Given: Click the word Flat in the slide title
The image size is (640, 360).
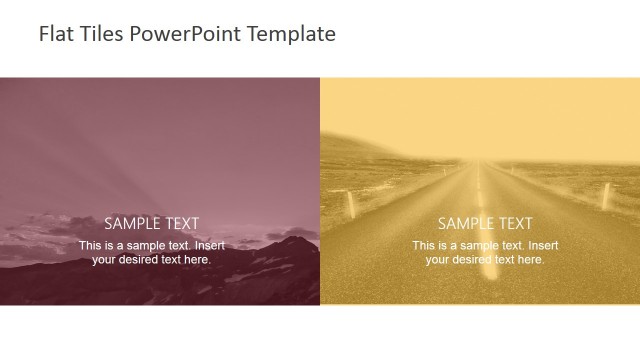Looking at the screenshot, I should coord(54,34).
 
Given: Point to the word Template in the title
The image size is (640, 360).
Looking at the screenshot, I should coord(290,34).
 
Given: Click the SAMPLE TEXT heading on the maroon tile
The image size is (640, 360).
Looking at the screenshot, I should coord(152,224).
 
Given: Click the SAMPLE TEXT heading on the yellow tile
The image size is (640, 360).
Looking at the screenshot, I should coord(485,224).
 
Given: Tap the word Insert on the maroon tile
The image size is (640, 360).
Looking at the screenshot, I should coord(210,246).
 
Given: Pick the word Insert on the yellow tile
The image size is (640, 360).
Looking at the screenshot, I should coord(543,246).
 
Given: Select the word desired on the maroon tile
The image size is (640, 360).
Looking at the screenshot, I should coord(139,260).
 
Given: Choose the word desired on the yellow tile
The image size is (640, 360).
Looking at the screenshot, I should coord(472,260).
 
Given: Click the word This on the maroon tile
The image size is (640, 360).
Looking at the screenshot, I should coord(90,246).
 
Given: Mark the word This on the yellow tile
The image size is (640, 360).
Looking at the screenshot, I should coord(423,246).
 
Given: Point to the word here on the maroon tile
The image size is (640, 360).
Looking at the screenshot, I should coord(197,260).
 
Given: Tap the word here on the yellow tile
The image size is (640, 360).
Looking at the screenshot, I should coord(530,260).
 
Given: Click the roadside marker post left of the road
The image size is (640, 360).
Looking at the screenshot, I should coord(351,205).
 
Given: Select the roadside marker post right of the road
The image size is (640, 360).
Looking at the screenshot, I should coord(606,193).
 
